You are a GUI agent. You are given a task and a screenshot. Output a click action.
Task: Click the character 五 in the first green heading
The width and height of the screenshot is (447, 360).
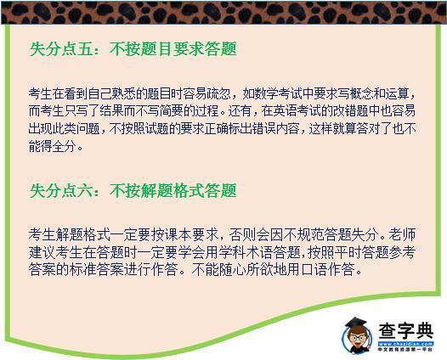coord(85,49)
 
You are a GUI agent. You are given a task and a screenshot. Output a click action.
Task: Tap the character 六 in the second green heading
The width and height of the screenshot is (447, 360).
coord(85,190)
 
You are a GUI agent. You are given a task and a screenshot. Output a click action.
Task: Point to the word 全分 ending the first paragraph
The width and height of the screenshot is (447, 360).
coord(64,147)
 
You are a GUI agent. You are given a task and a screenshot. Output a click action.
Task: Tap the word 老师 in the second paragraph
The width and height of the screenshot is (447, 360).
coord(403,234)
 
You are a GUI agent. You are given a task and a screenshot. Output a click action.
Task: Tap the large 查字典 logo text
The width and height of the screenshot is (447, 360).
coord(405,330)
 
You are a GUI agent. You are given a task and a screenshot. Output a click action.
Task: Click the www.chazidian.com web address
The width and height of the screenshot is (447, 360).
coord(405,344)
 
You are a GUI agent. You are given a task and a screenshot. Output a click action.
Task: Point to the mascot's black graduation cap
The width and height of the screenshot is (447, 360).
coord(356,323)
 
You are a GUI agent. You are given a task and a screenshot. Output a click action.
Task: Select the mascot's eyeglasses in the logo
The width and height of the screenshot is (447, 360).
coord(357,338)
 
